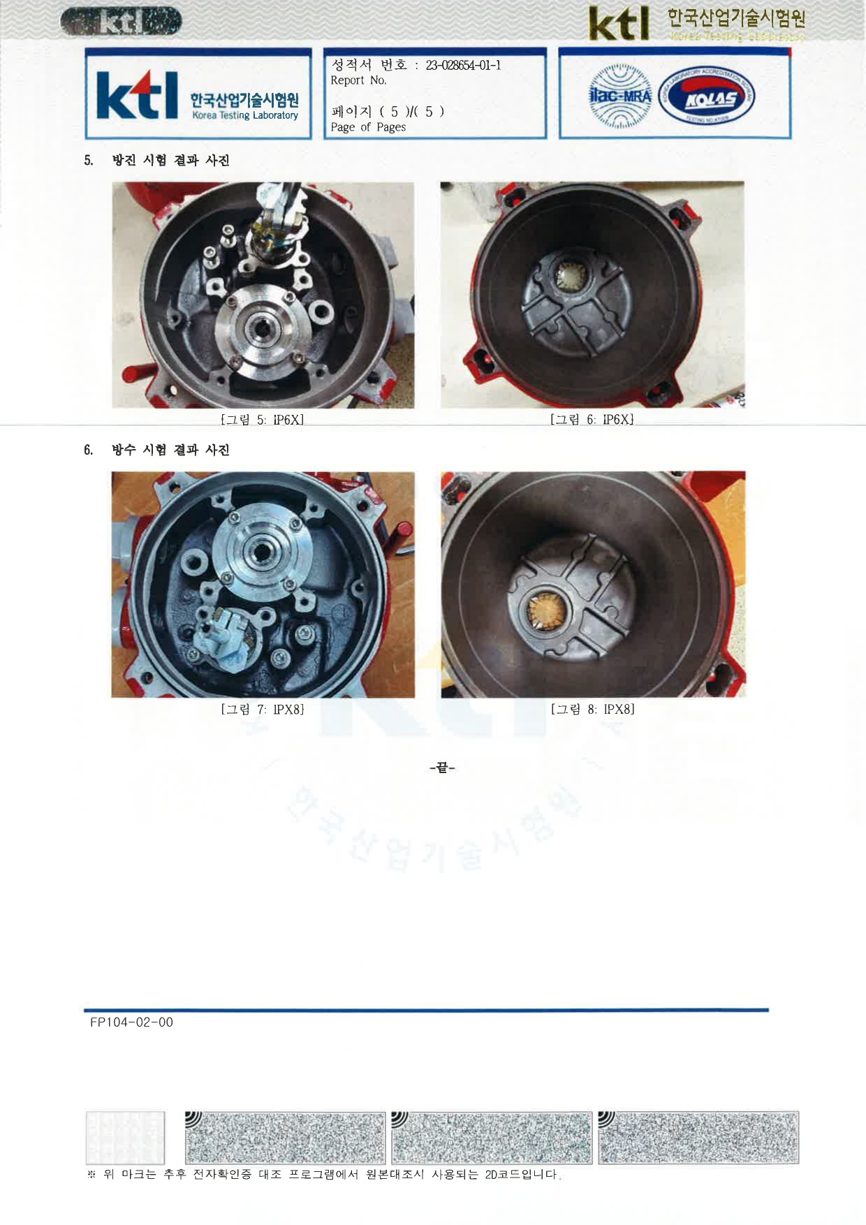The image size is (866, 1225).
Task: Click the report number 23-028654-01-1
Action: [463, 66]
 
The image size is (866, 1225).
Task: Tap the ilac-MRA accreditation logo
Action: [620, 96]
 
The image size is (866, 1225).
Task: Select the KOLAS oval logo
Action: [706, 96]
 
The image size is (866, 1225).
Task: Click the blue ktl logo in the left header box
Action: [137, 96]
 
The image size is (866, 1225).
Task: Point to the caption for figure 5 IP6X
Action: [262, 420]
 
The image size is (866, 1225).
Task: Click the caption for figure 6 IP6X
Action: [592, 419]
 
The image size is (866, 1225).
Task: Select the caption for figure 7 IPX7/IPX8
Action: [262, 710]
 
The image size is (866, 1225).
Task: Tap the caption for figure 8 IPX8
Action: [592, 710]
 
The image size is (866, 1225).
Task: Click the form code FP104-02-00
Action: [131, 1022]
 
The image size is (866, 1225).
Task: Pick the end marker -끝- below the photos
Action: [442, 768]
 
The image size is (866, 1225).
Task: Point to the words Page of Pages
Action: [368, 127]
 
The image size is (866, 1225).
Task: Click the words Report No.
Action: [358, 80]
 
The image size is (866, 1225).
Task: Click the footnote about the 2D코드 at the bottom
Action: [325, 1175]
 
